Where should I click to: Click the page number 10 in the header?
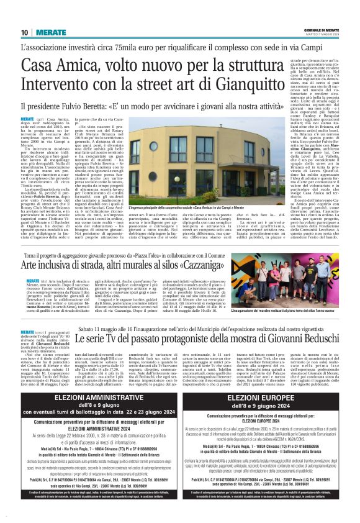coord(24,32)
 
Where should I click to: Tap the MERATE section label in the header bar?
coord(45,32)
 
